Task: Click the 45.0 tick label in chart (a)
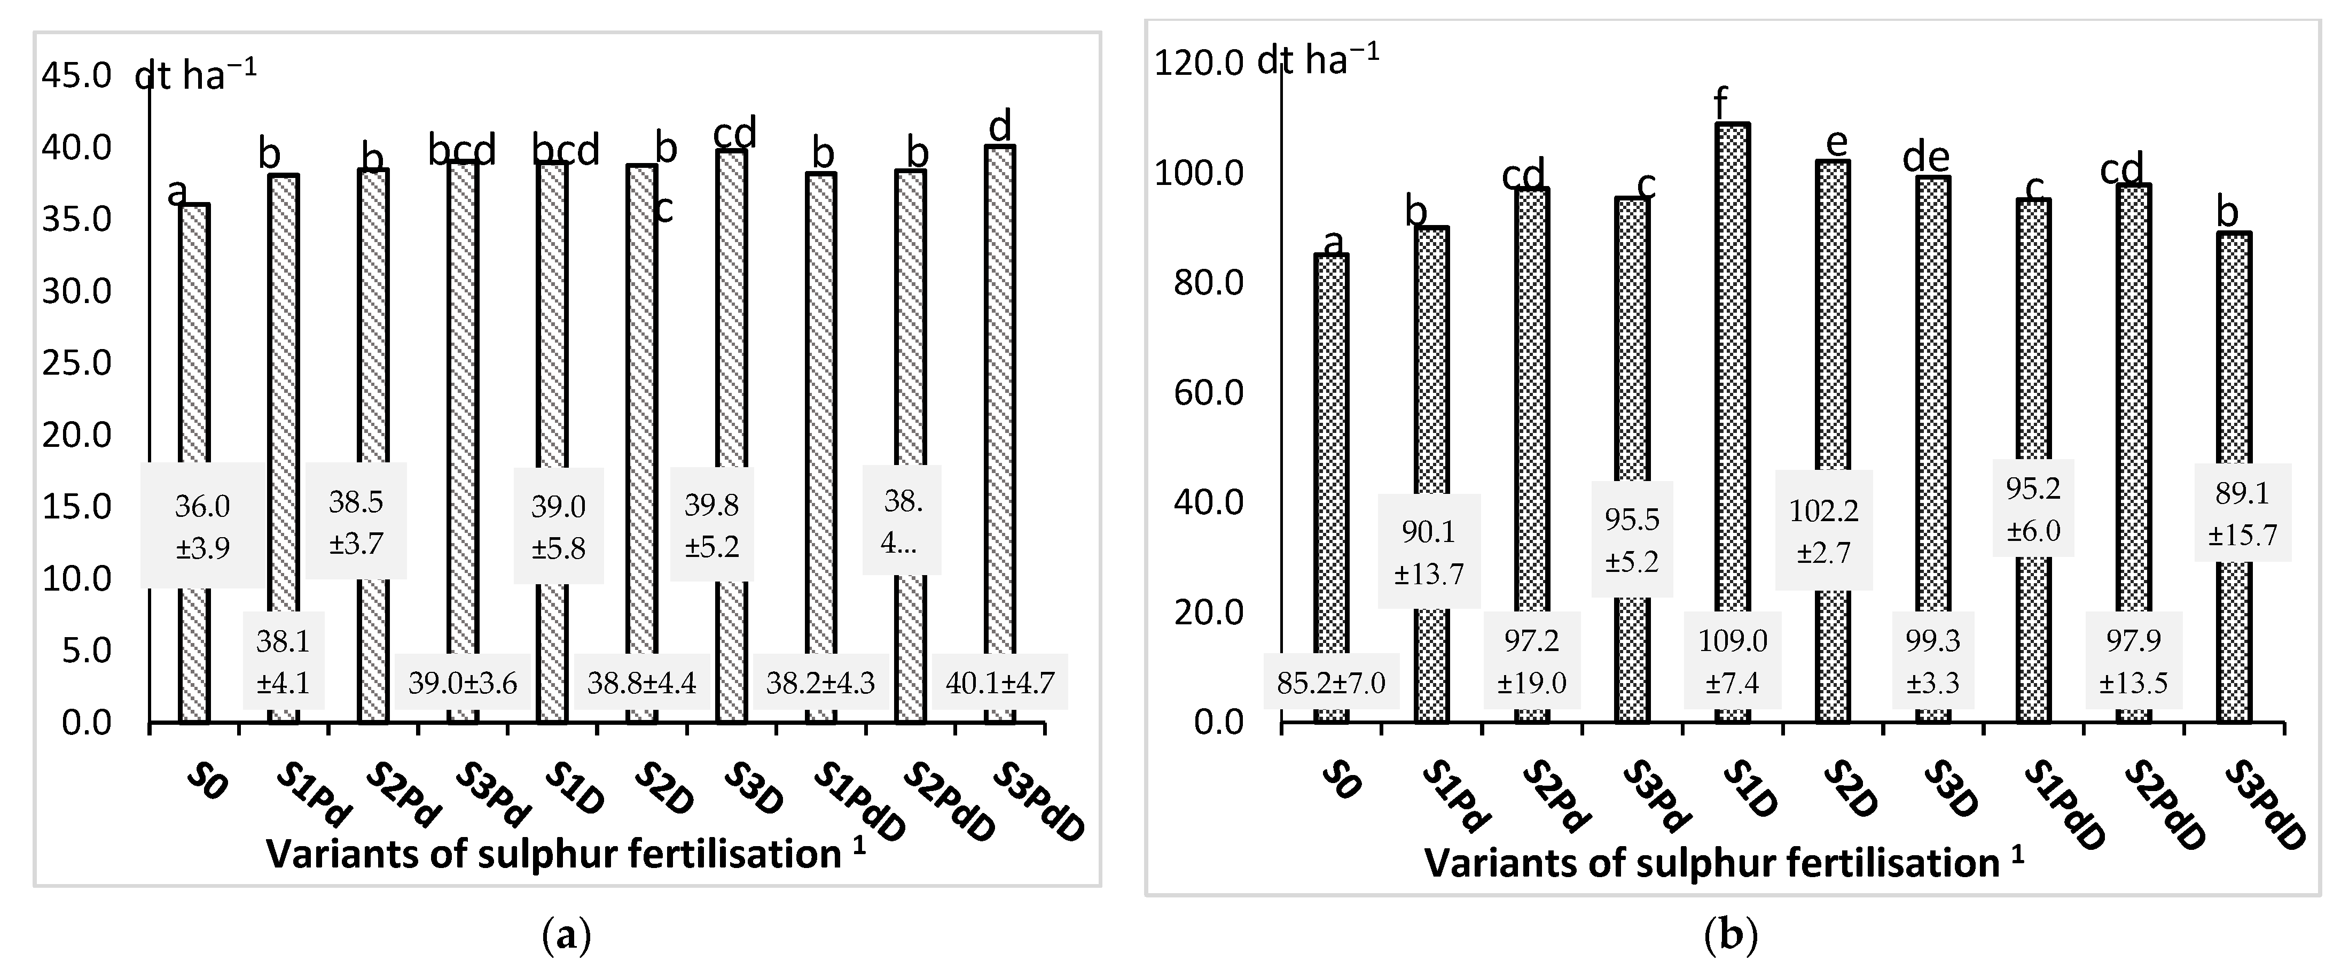(76, 76)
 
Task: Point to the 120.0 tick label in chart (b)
(1198, 63)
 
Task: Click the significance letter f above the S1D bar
(1721, 104)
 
